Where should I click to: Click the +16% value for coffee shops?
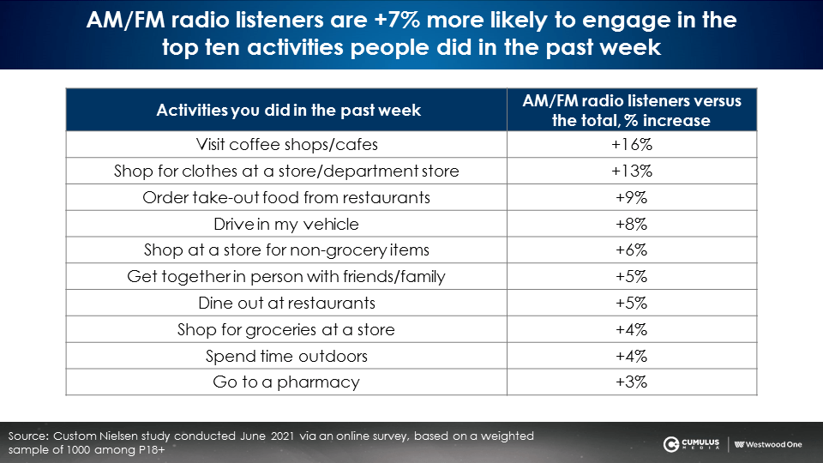(632, 144)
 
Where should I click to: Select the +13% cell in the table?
(632, 171)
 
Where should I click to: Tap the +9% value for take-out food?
(632, 197)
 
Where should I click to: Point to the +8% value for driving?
(632, 224)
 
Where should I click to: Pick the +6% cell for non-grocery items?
(632, 250)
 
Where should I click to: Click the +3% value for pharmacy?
(632, 382)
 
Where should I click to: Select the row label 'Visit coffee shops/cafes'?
(286, 144)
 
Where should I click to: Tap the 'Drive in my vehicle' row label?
(286, 224)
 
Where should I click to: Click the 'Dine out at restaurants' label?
(286, 303)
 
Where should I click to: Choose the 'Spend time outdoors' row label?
(286, 356)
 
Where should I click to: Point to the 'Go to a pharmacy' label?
(286, 382)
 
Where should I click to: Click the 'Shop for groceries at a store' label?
(286, 329)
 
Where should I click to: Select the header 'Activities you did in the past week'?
(288, 111)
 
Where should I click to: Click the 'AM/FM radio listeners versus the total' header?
(632, 111)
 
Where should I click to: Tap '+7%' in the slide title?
(397, 20)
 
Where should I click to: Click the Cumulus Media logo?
(691, 444)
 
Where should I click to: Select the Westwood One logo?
(768, 445)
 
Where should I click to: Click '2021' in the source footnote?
(284, 436)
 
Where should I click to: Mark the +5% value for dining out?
(632, 303)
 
